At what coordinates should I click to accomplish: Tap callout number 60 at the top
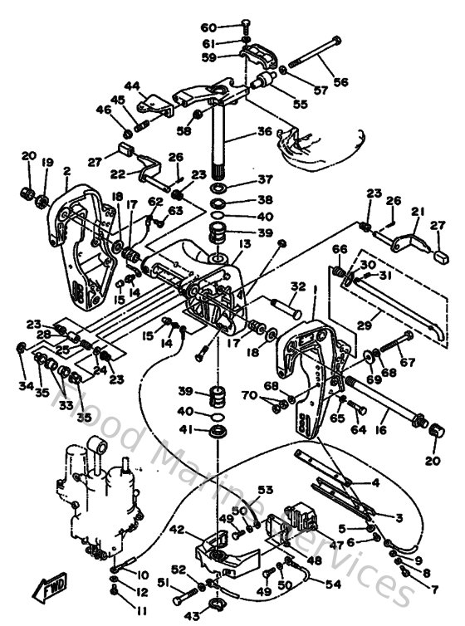(208, 27)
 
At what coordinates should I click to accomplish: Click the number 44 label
(133, 86)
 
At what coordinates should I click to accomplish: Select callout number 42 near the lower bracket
(177, 527)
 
